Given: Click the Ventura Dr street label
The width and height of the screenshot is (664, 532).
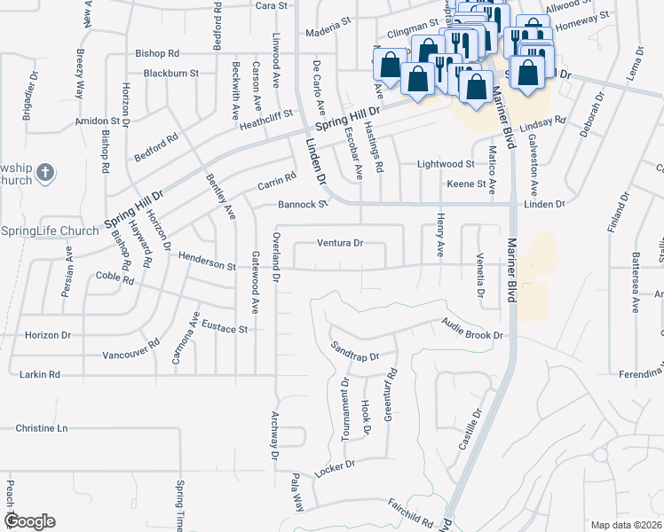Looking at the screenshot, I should [x=341, y=243].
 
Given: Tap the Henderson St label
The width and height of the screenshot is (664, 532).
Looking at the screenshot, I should [x=207, y=265].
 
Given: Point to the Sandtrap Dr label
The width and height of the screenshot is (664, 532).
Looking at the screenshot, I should [x=354, y=351].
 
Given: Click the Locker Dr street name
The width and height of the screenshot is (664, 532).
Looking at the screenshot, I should [x=334, y=465].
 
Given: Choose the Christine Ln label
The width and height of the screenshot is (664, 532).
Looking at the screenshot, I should [x=41, y=428].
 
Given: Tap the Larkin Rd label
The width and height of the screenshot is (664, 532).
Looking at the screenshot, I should [x=39, y=375].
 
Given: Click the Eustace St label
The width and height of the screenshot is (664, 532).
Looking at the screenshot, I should [x=225, y=327].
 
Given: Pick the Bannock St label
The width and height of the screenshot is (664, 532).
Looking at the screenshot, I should [x=303, y=204].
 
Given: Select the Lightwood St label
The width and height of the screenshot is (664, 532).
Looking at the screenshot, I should [x=447, y=164].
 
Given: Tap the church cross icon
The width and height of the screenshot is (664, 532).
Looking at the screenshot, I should [x=47, y=173].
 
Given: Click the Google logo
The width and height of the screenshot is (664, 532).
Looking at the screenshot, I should [x=29, y=520].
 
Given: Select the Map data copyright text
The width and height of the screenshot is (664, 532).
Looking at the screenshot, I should [x=626, y=525].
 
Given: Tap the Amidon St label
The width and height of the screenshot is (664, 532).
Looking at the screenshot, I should [x=97, y=120].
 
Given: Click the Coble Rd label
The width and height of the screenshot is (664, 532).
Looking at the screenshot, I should [x=115, y=278].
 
